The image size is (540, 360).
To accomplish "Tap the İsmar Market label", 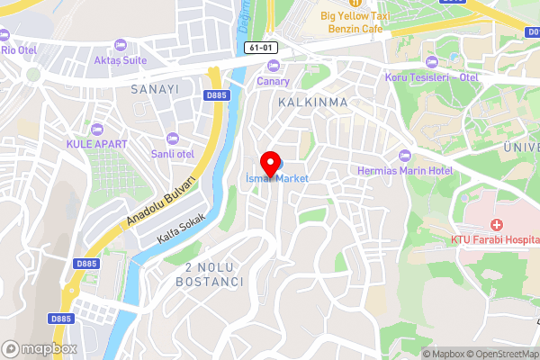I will click(277, 178).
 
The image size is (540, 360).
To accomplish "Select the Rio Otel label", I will click(20, 50).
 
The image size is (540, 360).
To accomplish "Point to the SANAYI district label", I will click(155, 89).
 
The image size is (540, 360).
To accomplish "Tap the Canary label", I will click(274, 81).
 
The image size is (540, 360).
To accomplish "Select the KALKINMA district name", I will click(313, 102).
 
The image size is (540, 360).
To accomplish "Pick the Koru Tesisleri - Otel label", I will click(431, 76).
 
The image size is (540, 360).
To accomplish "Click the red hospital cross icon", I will click(496, 224).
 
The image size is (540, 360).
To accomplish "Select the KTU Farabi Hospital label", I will click(494, 240).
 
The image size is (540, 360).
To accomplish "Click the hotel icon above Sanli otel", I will click(173, 138).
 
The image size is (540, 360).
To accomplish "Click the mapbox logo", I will click(40, 348).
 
